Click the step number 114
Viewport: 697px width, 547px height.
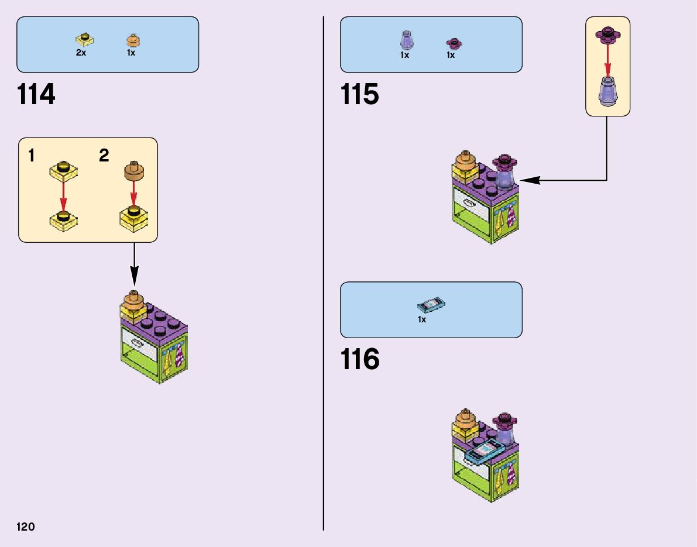click(x=36, y=95)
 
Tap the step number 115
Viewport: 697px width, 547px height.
click(x=359, y=95)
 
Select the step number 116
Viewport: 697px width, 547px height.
click(x=359, y=359)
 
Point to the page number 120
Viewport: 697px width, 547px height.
click(x=26, y=527)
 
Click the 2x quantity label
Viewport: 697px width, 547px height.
click(x=81, y=53)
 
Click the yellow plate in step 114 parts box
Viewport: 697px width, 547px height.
click(x=85, y=40)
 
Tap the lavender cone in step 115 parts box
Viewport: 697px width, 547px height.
click(x=405, y=40)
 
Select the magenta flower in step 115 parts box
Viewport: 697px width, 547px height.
click(x=452, y=42)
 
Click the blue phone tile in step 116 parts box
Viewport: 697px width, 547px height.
click(x=432, y=305)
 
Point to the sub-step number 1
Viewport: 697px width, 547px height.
click(x=32, y=156)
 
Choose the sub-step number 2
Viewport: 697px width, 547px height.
click(x=104, y=156)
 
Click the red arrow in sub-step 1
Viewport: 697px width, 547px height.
click(x=63, y=194)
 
